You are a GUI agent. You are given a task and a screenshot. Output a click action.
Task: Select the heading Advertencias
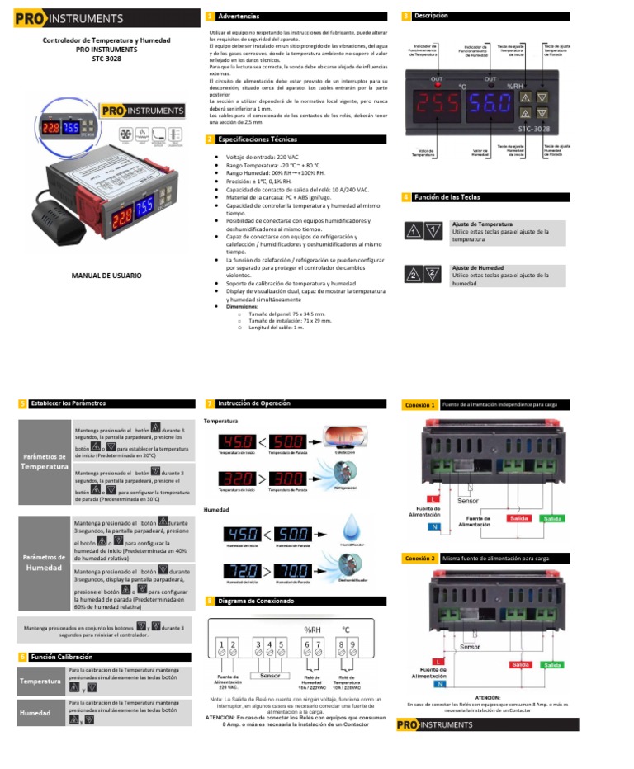(238, 17)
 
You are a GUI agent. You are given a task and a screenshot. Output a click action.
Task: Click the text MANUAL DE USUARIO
(106, 275)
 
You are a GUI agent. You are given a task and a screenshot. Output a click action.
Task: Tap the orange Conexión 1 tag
(419, 405)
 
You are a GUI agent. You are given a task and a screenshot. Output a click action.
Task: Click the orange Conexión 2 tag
(419, 559)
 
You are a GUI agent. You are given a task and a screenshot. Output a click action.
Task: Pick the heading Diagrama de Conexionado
(255, 602)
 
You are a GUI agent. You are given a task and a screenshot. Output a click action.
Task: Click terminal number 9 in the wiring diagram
(353, 644)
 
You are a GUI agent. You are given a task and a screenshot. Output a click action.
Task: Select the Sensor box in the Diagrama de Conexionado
(270, 675)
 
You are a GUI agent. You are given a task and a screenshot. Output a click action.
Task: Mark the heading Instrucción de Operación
(253, 403)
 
